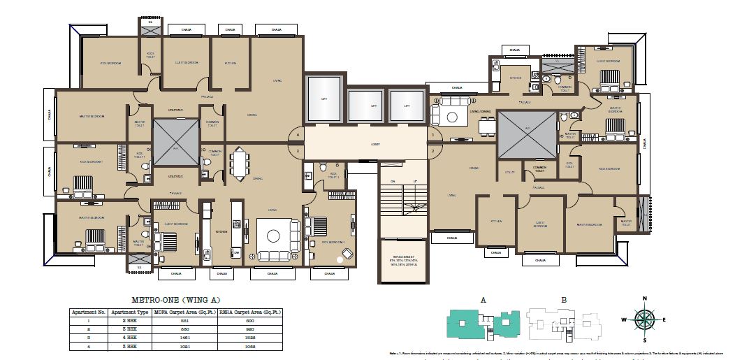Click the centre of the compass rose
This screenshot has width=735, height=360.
coord(646,319)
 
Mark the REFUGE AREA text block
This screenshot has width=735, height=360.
coord(400,261)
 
